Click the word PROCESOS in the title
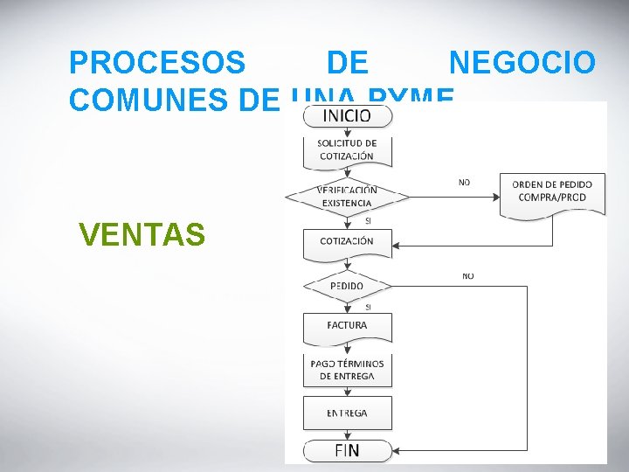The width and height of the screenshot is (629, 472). pyautogui.click(x=157, y=63)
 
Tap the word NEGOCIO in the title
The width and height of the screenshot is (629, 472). pyautogui.click(x=522, y=63)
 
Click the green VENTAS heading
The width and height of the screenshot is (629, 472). pyautogui.click(x=142, y=234)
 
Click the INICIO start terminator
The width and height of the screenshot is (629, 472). pyautogui.click(x=348, y=115)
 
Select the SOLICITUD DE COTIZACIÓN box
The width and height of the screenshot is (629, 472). pyautogui.click(x=347, y=149)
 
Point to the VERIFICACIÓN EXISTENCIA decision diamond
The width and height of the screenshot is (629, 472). pyautogui.click(x=347, y=197)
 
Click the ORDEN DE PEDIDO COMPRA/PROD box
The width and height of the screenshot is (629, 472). pyautogui.click(x=552, y=191)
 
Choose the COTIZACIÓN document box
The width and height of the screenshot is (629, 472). pyautogui.click(x=347, y=241)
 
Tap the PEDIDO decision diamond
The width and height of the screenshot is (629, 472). pyautogui.click(x=347, y=286)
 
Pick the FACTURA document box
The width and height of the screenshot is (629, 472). pyautogui.click(x=347, y=325)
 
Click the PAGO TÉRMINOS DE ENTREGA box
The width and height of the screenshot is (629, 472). pyautogui.click(x=347, y=370)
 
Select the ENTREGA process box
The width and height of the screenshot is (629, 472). pyautogui.click(x=347, y=413)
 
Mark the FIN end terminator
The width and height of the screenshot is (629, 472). pyautogui.click(x=347, y=451)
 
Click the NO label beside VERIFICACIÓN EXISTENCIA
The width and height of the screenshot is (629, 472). pyautogui.click(x=464, y=183)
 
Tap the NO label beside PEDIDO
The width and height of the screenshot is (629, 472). pyautogui.click(x=468, y=276)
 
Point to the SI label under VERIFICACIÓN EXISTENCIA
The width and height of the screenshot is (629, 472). pyautogui.click(x=368, y=221)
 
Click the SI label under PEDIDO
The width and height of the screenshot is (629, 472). pyautogui.click(x=367, y=307)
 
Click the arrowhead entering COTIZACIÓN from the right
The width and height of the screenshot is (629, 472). pyautogui.click(x=396, y=246)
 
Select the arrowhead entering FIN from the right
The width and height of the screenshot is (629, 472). pyautogui.click(x=396, y=452)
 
